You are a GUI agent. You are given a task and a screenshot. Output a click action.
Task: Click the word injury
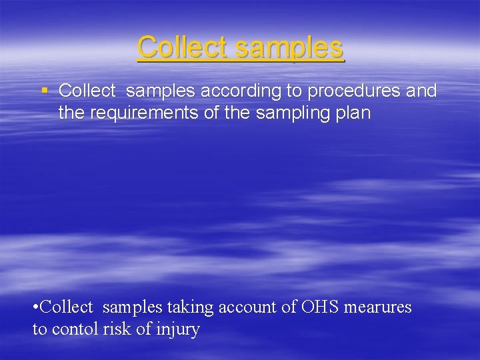pyautogui.click(x=178, y=329)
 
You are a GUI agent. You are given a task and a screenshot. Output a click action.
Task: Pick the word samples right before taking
pyautogui.click(x=133, y=307)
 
